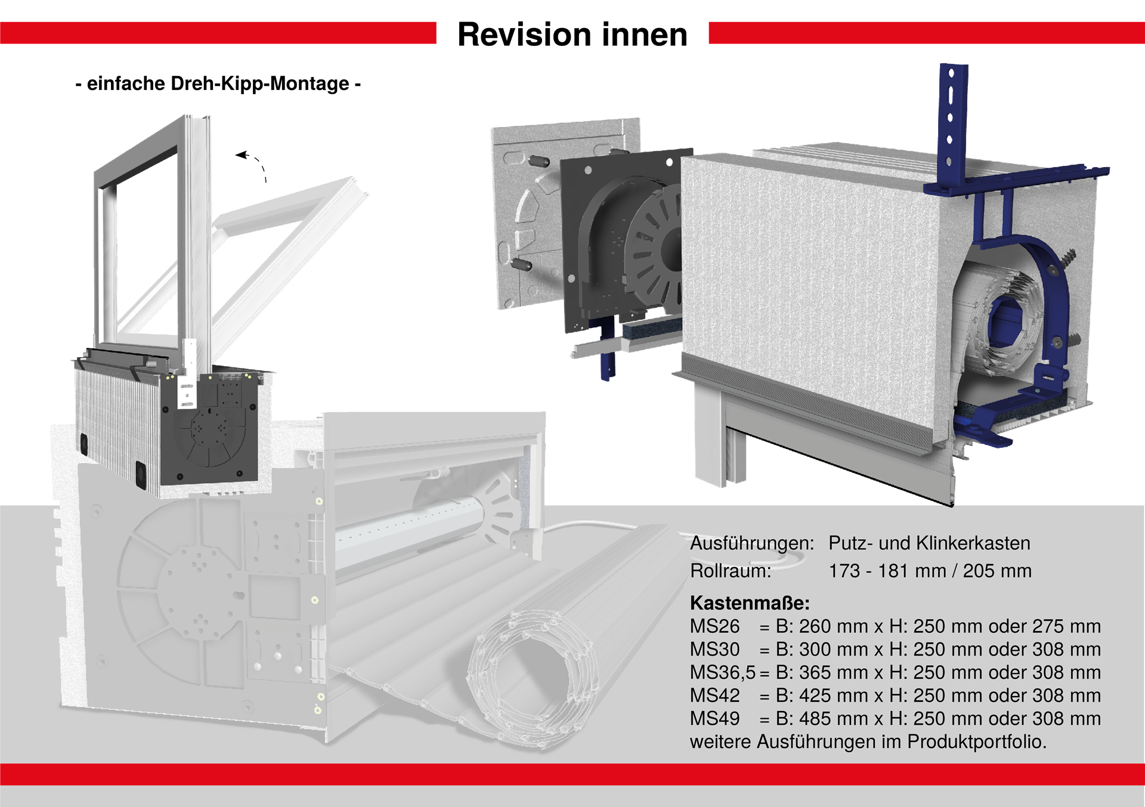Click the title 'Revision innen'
[x=572, y=35]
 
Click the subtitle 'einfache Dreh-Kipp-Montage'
[x=218, y=84]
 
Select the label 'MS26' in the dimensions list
[x=714, y=626]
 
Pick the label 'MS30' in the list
[x=714, y=650]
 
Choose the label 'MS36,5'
[x=722, y=673]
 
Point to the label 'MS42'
[x=714, y=695]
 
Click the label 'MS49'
[x=714, y=719]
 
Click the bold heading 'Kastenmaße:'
[x=750, y=603]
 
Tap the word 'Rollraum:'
[x=731, y=571]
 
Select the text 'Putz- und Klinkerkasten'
[x=929, y=543]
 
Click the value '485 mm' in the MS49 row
[x=833, y=719]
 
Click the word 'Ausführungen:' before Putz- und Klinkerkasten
[x=752, y=543]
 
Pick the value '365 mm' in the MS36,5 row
[x=833, y=673]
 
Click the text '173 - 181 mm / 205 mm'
[x=930, y=571]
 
